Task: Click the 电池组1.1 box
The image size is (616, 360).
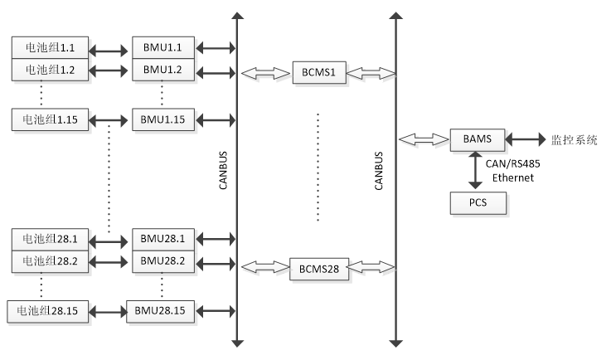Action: click(x=50, y=46)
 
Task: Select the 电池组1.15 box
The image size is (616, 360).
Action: click(x=50, y=119)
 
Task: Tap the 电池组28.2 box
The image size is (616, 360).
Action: click(x=50, y=260)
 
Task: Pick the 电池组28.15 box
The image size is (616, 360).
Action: click(x=48, y=311)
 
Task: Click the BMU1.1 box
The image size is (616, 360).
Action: click(x=162, y=46)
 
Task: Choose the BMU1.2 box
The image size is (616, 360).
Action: click(x=162, y=70)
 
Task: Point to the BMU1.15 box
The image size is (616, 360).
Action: click(x=162, y=119)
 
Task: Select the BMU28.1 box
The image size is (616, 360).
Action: click(x=162, y=239)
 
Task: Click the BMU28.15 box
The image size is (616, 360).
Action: click(x=162, y=311)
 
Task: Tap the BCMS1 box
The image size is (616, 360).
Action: click(x=318, y=73)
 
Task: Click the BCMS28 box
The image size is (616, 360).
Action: click(x=319, y=270)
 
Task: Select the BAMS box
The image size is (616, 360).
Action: click(x=477, y=139)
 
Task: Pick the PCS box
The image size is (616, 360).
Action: click(x=477, y=203)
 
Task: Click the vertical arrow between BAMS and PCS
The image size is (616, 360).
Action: click(x=476, y=172)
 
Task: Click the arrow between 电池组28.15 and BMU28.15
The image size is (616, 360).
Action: click(x=108, y=311)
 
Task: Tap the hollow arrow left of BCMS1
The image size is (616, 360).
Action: click(x=266, y=75)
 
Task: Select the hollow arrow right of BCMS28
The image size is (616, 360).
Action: click(x=372, y=268)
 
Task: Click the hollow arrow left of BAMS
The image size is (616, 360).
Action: click(x=424, y=140)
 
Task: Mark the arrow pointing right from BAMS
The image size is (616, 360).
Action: click(x=526, y=140)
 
